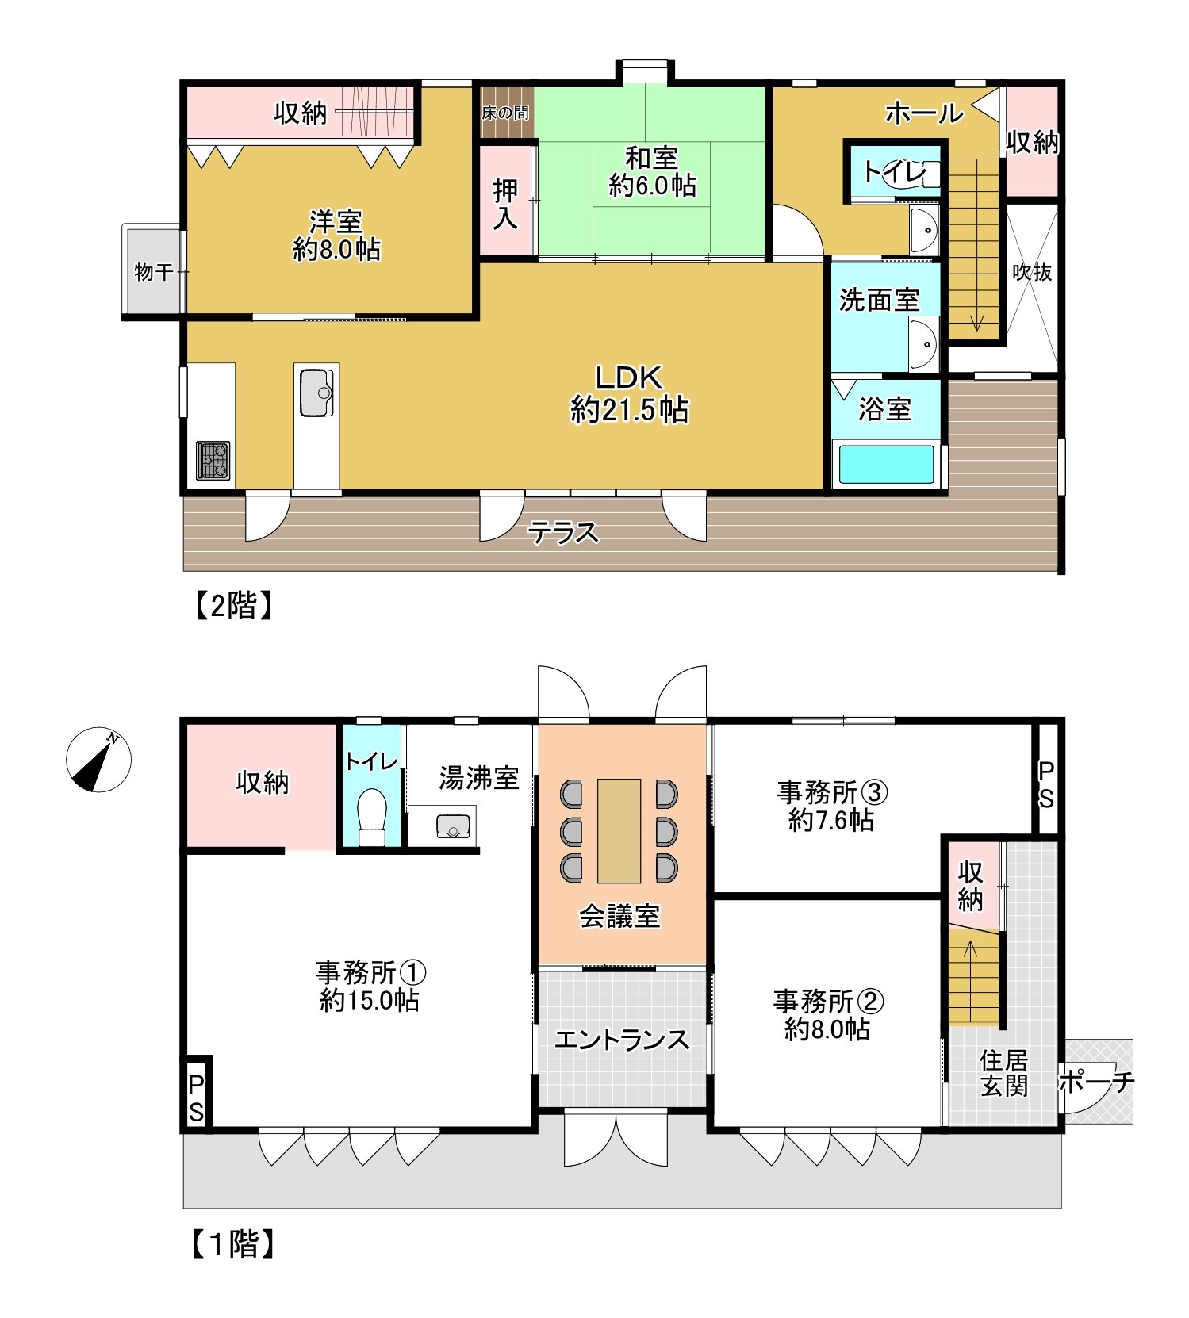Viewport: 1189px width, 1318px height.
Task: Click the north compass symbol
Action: pyautogui.click(x=98, y=760)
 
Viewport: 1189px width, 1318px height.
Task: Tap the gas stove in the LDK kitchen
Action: pyautogui.click(x=213, y=461)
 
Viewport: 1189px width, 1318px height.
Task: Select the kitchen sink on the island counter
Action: pyautogui.click(x=316, y=392)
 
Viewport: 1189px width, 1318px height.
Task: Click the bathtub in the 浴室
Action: pyautogui.click(x=886, y=466)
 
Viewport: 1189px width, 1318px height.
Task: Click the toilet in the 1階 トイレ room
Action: pyautogui.click(x=371, y=817)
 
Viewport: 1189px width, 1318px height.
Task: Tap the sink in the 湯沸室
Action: pyautogui.click(x=454, y=826)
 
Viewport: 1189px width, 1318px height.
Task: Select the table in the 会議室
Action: pyautogui.click(x=619, y=830)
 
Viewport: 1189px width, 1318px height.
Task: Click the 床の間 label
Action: pyautogui.click(x=504, y=113)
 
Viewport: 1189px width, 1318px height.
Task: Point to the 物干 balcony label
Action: pyautogui.click(x=153, y=272)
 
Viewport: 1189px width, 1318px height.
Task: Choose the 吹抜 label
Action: pyautogui.click(x=1032, y=272)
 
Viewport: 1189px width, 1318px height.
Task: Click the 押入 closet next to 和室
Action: pyautogui.click(x=505, y=203)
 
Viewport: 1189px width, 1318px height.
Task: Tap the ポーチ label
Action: pyautogui.click(x=1096, y=1082)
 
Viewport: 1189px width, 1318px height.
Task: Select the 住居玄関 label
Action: pyautogui.click(x=1003, y=1072)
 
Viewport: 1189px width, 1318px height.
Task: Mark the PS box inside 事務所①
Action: pyautogui.click(x=196, y=1098)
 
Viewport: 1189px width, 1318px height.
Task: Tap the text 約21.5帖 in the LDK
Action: pyautogui.click(x=629, y=410)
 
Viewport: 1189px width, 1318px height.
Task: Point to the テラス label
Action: pyautogui.click(x=563, y=532)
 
